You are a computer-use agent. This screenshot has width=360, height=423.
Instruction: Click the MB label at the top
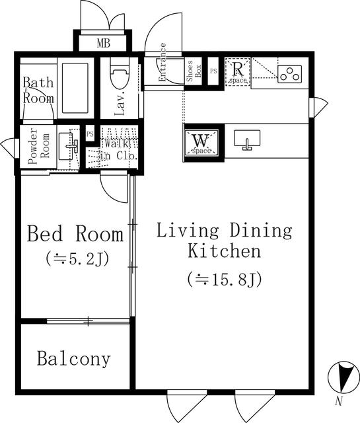point(104,44)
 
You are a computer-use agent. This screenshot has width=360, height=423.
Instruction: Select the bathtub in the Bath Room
point(77,89)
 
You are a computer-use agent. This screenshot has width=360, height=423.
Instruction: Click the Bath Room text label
point(39,91)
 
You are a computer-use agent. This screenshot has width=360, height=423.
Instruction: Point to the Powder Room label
point(38,149)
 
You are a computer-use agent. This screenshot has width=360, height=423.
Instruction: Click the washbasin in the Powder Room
point(68,145)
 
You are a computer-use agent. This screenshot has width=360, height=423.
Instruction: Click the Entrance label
point(163,63)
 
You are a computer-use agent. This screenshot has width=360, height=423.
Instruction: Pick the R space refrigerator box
point(238,71)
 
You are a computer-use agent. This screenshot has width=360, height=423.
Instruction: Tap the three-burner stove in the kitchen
point(289,73)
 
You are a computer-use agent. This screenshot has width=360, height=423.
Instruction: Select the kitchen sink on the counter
point(248,139)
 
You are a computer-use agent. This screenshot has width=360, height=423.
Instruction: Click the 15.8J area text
point(225,279)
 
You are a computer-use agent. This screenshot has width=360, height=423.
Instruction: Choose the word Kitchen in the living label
point(224,251)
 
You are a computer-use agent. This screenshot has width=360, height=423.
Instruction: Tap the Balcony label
point(73,360)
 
